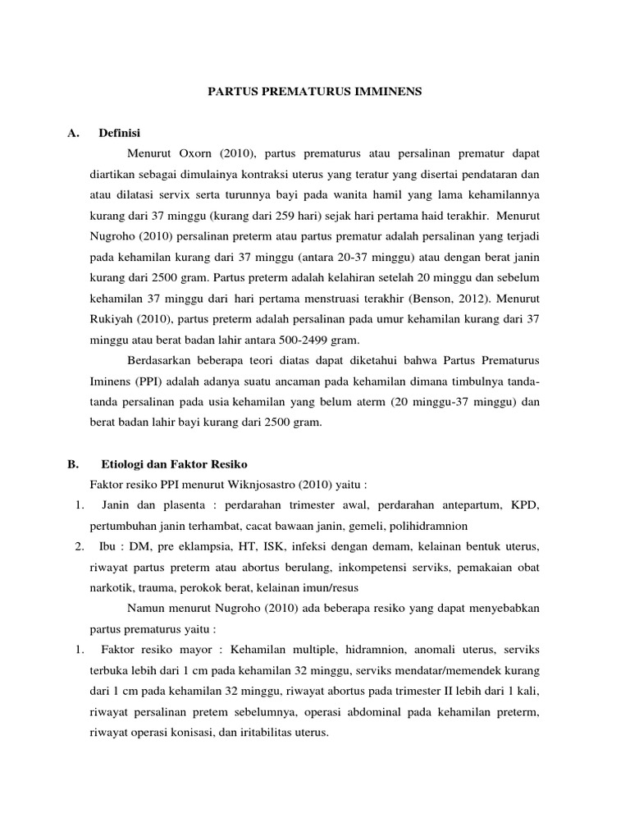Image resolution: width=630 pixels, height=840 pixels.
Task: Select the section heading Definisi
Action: point(121,132)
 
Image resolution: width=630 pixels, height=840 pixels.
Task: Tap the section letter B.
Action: point(72,463)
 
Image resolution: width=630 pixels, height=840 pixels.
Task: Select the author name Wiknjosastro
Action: point(268,485)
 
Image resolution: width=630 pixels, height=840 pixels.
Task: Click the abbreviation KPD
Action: point(524,504)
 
